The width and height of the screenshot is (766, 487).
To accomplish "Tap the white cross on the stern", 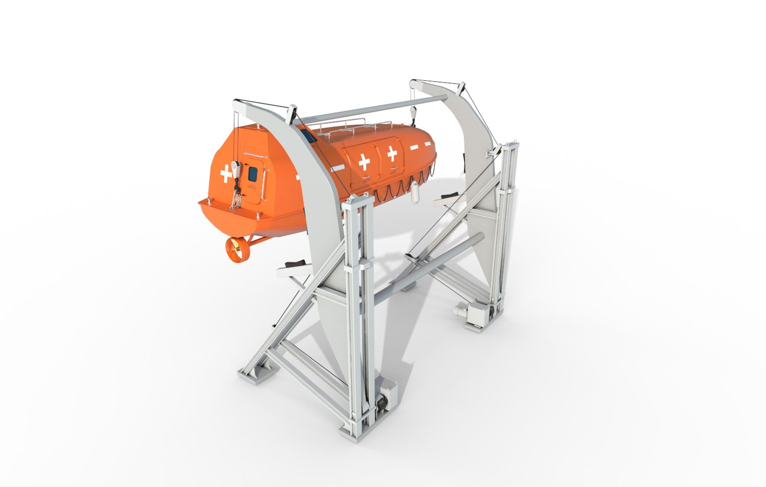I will (225, 174).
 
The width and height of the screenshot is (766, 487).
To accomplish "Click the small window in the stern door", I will (252, 172).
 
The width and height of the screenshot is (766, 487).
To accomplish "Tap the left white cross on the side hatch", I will (363, 161).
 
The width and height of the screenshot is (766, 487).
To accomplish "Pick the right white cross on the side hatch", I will (392, 154).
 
